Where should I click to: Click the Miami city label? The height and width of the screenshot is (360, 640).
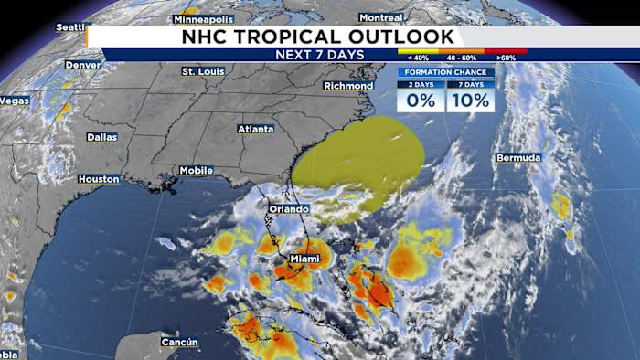[304, 259]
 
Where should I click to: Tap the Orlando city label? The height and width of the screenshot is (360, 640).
[288, 209]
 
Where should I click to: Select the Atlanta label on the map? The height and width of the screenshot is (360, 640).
[255, 130]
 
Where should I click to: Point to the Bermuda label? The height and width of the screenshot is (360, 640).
[518, 158]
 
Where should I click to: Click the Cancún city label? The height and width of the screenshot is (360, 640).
[179, 343]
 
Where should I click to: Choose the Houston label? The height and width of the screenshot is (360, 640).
[99, 179]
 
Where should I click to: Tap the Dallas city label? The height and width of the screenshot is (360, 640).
[101, 137]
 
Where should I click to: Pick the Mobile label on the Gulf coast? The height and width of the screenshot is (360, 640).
[196, 170]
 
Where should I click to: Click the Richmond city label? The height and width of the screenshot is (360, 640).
[348, 86]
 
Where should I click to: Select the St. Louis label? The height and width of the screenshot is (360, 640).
[203, 71]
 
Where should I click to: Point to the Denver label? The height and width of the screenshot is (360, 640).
[82, 66]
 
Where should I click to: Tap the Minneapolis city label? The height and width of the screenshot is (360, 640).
[203, 18]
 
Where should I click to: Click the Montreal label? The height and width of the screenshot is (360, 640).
[381, 17]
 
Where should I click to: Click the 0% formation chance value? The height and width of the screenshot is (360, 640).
[421, 101]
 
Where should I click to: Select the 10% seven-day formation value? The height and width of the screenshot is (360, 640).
[470, 101]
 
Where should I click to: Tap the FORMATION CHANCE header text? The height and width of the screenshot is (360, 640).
[445, 72]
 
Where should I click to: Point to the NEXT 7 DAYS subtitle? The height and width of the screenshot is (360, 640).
[319, 55]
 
